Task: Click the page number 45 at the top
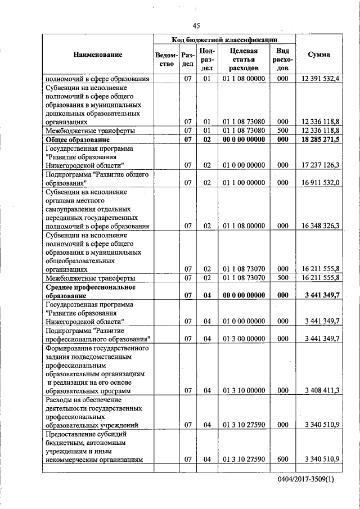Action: [x=196, y=25]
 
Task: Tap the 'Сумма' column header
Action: [x=318, y=55]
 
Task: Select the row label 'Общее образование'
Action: [x=76, y=139]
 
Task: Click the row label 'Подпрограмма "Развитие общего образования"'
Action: [x=96, y=179]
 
